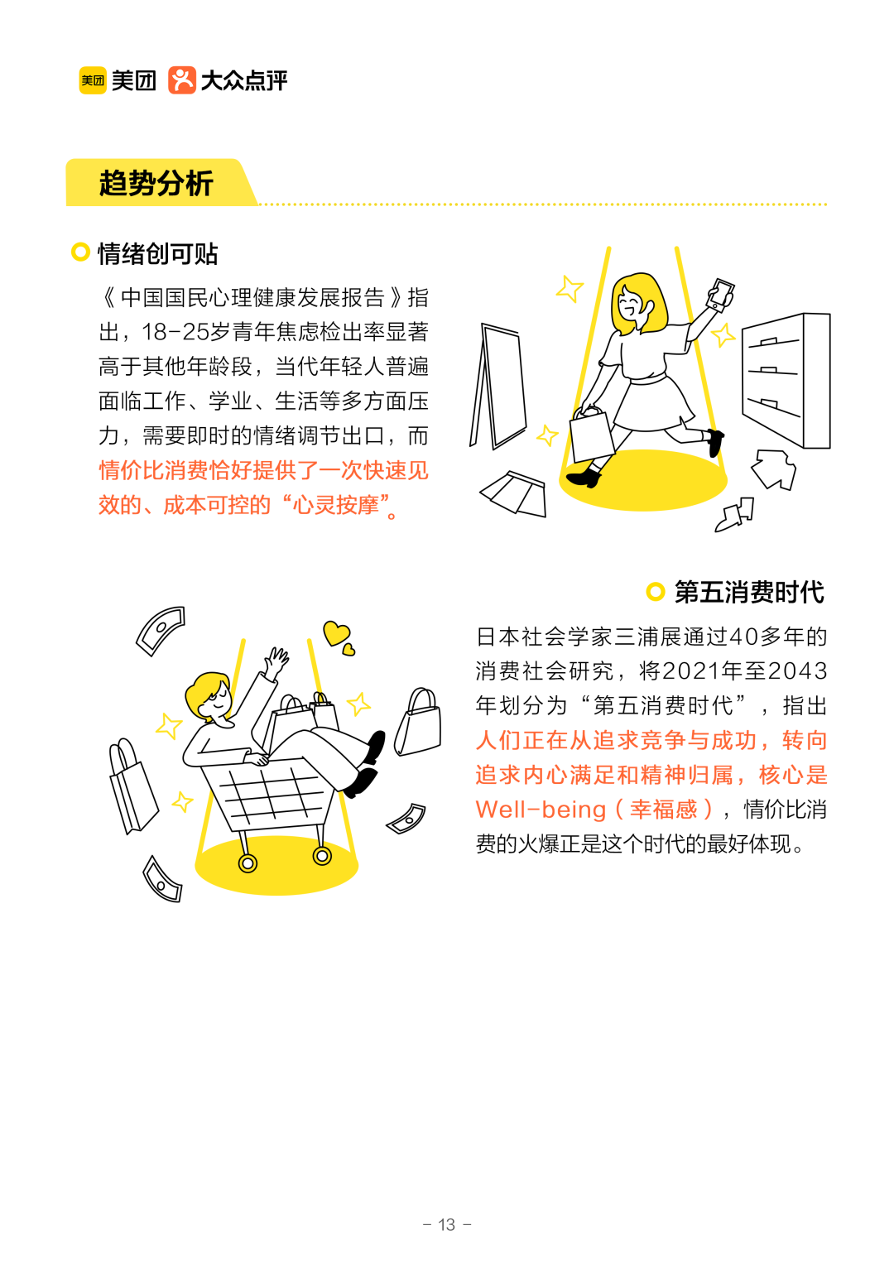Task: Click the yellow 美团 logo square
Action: (x=93, y=80)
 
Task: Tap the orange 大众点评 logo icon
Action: (x=181, y=80)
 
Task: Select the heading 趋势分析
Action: (x=156, y=183)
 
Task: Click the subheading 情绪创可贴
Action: (x=157, y=254)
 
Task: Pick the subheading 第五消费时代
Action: (x=748, y=593)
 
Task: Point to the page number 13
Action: (x=447, y=1224)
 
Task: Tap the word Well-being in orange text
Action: (x=541, y=810)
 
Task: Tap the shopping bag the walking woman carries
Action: (x=590, y=435)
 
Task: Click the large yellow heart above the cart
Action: (x=336, y=633)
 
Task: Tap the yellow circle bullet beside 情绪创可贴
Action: (x=80, y=252)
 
